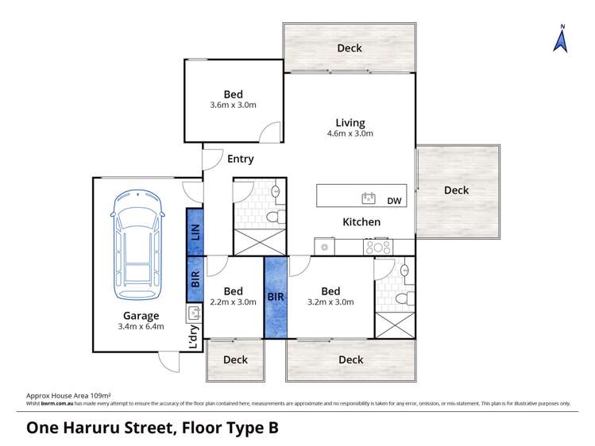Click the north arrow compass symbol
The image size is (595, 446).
[x=562, y=39]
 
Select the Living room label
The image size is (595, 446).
[x=350, y=123]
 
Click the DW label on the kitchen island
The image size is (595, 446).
[x=395, y=201]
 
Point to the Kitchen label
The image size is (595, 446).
[x=361, y=222]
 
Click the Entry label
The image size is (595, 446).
[x=240, y=159]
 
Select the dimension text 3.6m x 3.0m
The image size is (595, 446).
[x=233, y=105]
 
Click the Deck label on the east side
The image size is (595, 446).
[x=456, y=190]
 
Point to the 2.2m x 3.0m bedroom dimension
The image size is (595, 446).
[x=233, y=302]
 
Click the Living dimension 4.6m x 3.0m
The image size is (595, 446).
[x=350, y=134]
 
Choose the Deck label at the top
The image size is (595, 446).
[x=350, y=48]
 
